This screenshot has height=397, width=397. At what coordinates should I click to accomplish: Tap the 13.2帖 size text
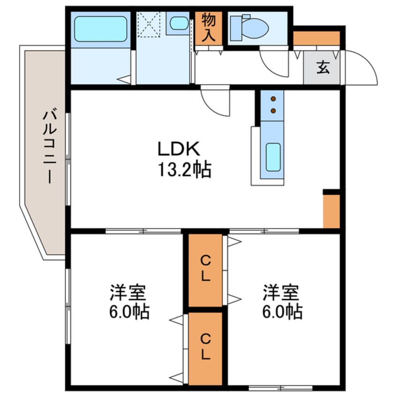pos(184,169)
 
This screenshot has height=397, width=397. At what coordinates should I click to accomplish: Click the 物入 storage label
pos(208,28)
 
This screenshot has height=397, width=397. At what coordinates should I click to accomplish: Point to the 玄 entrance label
pos(322,67)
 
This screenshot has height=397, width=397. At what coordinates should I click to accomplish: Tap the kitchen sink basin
pos(273,157)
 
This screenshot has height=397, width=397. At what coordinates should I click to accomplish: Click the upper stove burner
pos(273,99)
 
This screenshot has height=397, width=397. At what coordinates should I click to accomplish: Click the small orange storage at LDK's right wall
pos(331,211)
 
